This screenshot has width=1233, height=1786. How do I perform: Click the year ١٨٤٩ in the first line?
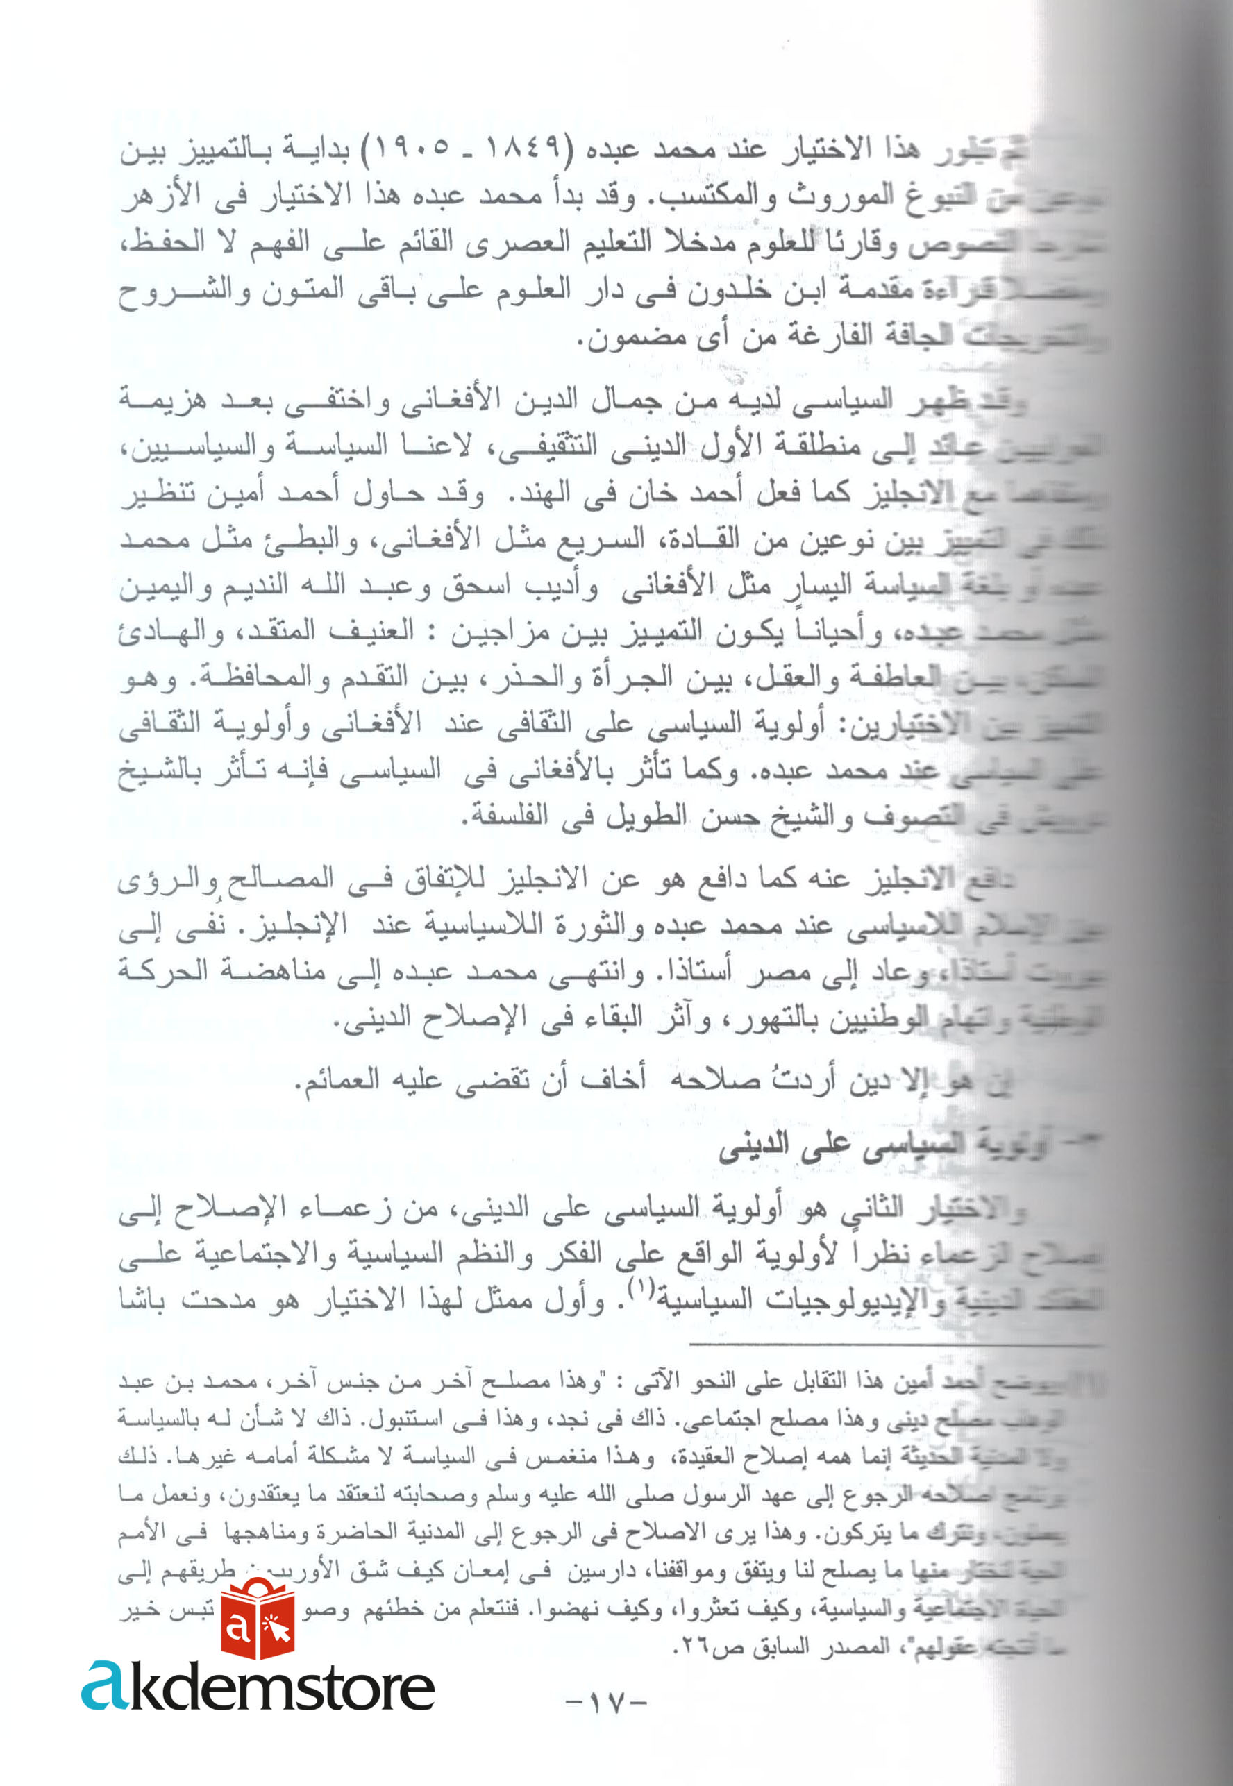coord(530,149)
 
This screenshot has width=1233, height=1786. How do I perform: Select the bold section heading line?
coord(873,1149)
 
